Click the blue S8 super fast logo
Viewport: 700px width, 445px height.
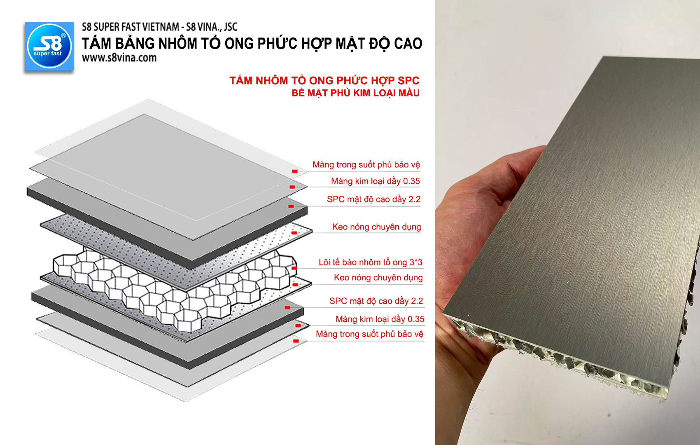[x=49, y=46]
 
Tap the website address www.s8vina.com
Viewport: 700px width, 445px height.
[x=119, y=58]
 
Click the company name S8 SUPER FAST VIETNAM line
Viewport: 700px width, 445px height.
[x=159, y=27]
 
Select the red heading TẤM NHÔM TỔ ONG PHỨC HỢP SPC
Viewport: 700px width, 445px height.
[x=324, y=81]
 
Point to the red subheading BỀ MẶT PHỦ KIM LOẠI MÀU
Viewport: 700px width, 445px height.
[x=355, y=93]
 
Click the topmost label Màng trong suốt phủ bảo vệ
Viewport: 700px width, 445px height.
[x=366, y=165]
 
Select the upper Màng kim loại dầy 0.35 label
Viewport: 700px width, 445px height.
[x=375, y=181]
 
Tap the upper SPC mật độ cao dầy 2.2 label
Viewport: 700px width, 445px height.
[x=374, y=199]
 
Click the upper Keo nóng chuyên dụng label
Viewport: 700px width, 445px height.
[x=377, y=227]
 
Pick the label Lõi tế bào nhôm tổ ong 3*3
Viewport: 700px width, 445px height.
[x=370, y=262]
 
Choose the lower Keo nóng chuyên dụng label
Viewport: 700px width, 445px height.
[x=378, y=277]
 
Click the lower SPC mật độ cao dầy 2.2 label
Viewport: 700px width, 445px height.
[x=376, y=301]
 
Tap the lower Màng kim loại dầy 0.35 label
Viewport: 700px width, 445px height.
[x=380, y=319]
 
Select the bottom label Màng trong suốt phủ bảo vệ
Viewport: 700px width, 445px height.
[x=369, y=334]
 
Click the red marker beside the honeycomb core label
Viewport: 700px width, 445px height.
[x=294, y=268]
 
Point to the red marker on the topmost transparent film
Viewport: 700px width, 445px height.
[x=295, y=171]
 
